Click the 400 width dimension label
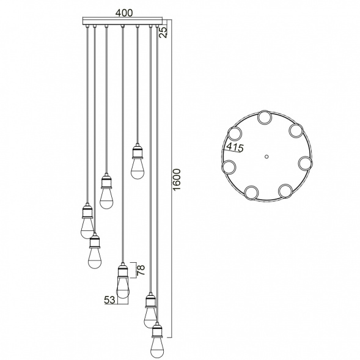124,13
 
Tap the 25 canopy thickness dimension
163,32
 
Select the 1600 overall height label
177,180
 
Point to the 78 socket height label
141,270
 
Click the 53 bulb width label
110,300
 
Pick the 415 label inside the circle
235,148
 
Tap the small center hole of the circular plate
266,156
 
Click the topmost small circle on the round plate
265,118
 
